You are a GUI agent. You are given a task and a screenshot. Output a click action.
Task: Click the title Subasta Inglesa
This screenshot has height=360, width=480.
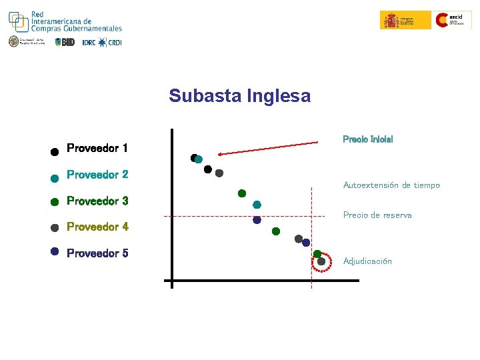[x=239, y=96]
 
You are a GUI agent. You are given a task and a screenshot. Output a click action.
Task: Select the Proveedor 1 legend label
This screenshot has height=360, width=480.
[x=97, y=148]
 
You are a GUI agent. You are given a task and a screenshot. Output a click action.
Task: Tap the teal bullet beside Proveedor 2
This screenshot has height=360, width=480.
[x=55, y=178]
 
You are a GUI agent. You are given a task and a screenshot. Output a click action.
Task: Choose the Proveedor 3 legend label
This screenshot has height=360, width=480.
[x=97, y=201]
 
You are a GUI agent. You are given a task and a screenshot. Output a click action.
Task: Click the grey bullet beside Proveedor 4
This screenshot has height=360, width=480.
[x=55, y=227]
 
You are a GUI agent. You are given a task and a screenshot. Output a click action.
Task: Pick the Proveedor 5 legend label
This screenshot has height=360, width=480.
[x=97, y=253]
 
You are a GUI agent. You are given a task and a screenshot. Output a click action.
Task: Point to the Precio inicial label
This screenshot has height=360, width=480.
[x=367, y=139]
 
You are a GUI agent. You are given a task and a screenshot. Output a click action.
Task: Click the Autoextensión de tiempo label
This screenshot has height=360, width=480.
[x=391, y=185]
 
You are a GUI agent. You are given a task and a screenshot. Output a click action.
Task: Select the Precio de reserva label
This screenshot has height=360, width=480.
[x=377, y=215]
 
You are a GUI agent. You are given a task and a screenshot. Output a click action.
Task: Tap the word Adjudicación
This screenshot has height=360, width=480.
[x=367, y=261]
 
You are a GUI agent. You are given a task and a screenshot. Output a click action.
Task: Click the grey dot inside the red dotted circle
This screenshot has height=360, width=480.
[x=321, y=262]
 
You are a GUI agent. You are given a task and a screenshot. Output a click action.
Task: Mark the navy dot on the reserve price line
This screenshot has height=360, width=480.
[x=257, y=219]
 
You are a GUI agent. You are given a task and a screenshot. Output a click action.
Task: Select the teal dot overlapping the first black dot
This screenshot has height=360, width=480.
[x=199, y=159]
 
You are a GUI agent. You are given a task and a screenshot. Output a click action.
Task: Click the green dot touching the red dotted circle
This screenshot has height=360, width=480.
[x=317, y=254]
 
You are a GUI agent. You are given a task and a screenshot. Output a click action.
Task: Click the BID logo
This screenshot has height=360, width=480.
[x=66, y=42]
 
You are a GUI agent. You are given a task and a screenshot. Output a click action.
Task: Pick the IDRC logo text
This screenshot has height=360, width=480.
[x=89, y=43]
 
